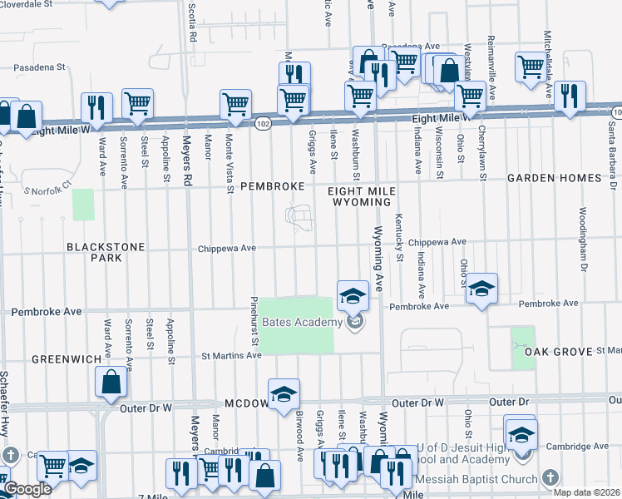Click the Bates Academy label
[x=302, y=323]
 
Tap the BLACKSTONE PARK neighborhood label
[x=106, y=252]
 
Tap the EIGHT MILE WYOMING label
[x=360, y=195]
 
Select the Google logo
[x=27, y=490]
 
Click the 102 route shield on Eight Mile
[x=263, y=123]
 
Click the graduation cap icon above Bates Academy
[x=353, y=294]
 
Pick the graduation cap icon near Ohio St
[x=481, y=288]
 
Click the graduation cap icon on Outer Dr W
[x=284, y=393]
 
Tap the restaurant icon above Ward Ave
[x=96, y=106]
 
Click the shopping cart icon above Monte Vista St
[x=235, y=104]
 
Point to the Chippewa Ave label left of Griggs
[x=226, y=248]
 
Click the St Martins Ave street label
[x=232, y=356]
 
